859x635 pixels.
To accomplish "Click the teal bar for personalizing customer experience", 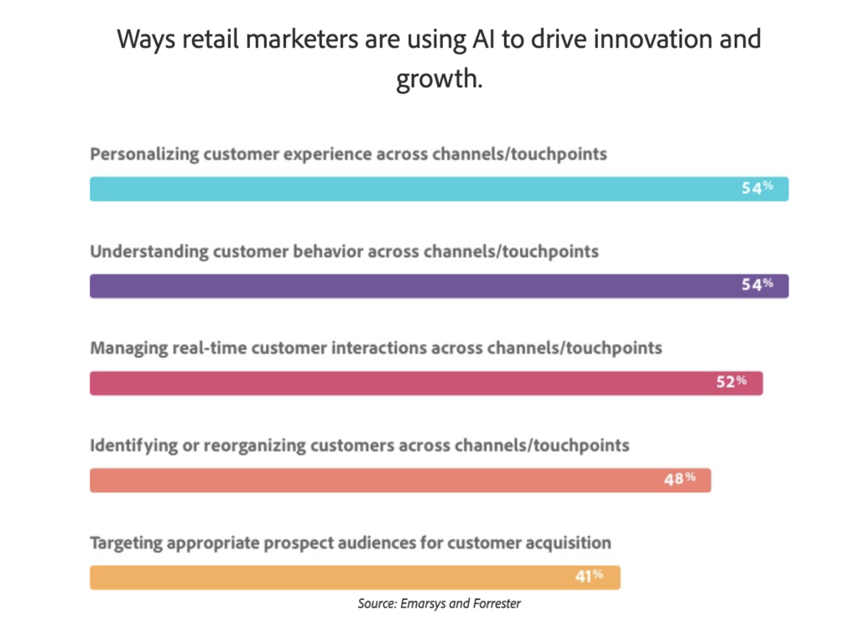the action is (x=439, y=189).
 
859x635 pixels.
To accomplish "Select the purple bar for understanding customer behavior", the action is (x=439, y=286).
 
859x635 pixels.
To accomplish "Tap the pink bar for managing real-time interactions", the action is (x=426, y=383).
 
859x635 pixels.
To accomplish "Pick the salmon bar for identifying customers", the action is (x=400, y=480).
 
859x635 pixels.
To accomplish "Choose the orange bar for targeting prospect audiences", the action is (x=355, y=577).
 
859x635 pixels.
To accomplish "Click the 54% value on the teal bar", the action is (x=757, y=188).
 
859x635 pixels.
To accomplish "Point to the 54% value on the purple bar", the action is (x=757, y=284).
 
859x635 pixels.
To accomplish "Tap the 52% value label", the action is (x=731, y=382).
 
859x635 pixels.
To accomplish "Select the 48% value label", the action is (x=679, y=479).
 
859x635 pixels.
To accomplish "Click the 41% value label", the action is (x=589, y=575).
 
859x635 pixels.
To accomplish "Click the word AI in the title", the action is (x=482, y=39).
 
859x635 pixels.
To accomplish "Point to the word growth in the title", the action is (x=440, y=79).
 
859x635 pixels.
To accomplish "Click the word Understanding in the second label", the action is (x=149, y=252).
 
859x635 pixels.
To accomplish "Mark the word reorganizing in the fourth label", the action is (x=255, y=446).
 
